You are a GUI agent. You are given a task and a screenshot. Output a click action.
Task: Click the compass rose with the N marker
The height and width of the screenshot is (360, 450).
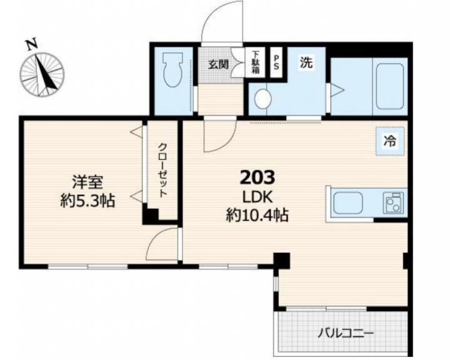pos(42,74)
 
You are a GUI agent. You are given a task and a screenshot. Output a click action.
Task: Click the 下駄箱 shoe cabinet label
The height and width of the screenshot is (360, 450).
pos(255,62)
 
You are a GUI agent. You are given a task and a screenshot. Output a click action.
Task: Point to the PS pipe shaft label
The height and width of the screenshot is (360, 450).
pos(276,62)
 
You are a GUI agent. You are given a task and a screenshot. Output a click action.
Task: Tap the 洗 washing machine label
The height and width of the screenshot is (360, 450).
pos(306,62)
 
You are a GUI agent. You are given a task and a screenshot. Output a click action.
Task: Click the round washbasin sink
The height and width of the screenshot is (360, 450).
pos(262,99)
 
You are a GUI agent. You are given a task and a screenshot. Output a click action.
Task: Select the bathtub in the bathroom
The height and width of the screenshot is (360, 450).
pos(390,86)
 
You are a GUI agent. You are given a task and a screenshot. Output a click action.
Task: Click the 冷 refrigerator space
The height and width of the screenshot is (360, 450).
pos(390,141)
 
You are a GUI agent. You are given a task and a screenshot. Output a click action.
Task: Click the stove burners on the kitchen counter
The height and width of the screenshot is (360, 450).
pos(393,203)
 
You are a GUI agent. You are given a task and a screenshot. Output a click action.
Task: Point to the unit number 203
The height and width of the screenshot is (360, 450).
pos(257,177)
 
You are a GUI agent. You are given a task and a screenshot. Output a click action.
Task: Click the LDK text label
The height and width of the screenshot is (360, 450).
pos(257,197)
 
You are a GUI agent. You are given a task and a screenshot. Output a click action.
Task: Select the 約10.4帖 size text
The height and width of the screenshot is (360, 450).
pos(257,215)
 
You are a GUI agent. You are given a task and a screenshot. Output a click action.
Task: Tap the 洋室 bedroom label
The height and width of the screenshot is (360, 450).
pos(87,182)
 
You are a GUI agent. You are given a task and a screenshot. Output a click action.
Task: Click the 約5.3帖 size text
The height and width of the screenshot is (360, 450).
pos(87,201)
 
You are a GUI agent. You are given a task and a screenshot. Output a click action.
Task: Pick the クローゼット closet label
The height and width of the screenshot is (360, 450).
pos(162,171)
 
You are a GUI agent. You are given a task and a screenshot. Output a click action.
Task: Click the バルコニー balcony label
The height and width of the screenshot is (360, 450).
pos(346,334)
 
